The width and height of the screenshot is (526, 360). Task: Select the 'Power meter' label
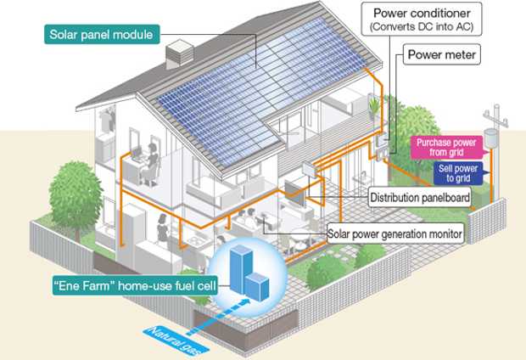443,57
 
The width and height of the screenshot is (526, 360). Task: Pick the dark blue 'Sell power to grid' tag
459,174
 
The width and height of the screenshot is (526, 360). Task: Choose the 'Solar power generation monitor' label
395,233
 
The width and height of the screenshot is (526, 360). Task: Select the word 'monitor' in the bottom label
442,233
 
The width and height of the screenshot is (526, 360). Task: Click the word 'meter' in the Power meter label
460,57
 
